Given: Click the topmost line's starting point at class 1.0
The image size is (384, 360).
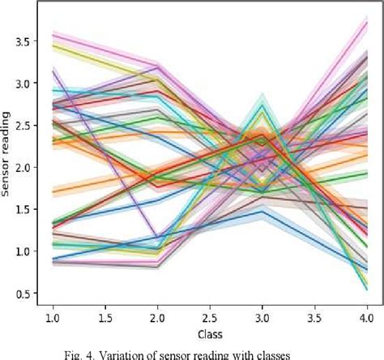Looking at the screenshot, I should pos(53,34).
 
